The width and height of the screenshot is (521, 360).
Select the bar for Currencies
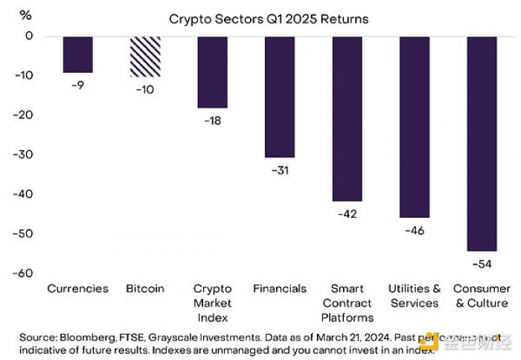[77, 54]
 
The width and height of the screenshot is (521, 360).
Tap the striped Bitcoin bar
[144, 57]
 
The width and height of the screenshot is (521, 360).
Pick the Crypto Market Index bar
[212, 72]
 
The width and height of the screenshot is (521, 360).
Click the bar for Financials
[279, 97]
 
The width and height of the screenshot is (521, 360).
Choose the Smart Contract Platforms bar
[347, 118]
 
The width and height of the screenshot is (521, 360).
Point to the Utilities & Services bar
[415, 126]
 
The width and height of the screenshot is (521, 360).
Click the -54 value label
[482, 263]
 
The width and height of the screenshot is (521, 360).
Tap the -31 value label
[279, 170]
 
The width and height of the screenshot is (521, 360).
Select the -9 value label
[77, 85]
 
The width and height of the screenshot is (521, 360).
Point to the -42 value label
[347, 214]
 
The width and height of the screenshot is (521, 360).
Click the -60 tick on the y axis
[25, 273]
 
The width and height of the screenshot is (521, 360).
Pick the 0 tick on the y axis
[29, 36]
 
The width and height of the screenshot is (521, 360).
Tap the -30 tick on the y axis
[25, 155]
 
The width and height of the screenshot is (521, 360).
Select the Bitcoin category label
[144, 289]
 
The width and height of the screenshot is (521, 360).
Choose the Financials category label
[279, 289]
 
